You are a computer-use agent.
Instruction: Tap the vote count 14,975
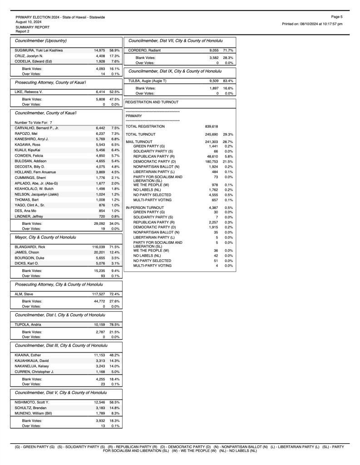(x=99, y=50)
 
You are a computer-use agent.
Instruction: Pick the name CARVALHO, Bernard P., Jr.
(x=37, y=128)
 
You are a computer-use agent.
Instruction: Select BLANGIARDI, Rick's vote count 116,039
(x=99, y=246)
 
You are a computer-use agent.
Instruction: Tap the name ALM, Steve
(x=24, y=294)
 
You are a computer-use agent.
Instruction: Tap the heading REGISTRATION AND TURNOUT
(x=153, y=102)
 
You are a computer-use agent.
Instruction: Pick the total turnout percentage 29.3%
(x=228, y=134)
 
